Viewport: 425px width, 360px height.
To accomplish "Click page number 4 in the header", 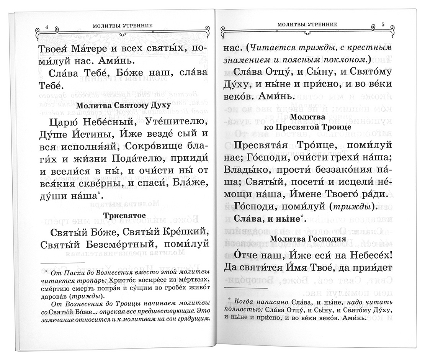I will [46, 26].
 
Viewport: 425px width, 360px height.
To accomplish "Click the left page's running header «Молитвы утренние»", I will [122, 26].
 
